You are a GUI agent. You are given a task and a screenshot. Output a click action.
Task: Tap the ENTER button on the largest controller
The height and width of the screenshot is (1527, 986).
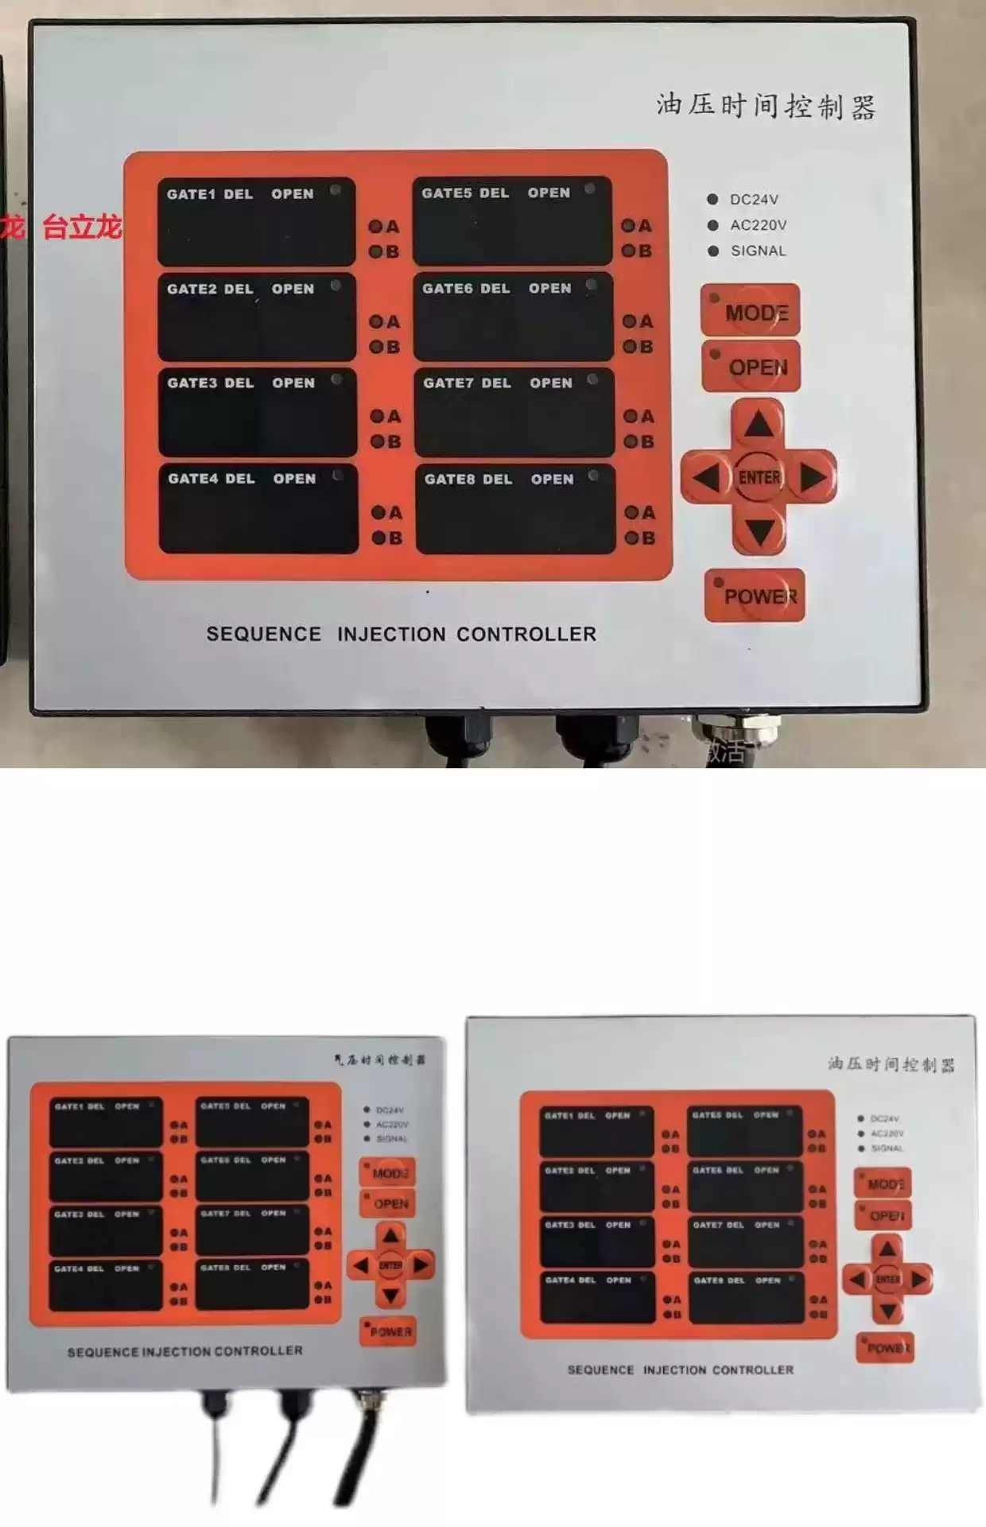coord(759,477)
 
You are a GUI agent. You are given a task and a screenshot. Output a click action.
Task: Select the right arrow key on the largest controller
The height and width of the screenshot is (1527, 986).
coord(813,477)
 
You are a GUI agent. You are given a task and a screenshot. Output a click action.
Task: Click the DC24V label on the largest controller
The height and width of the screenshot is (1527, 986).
coord(754,200)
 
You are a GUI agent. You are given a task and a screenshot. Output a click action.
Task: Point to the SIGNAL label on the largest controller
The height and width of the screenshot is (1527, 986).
coord(758,251)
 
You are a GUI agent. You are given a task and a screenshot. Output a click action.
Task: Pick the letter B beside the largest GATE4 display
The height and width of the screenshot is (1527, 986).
coord(394,538)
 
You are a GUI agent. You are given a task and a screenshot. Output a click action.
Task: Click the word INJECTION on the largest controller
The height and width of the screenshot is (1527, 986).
coord(391,635)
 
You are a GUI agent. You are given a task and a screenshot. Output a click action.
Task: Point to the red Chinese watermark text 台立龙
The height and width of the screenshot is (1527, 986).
coord(81,227)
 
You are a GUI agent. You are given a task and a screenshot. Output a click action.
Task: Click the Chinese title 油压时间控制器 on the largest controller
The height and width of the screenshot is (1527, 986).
coord(766,106)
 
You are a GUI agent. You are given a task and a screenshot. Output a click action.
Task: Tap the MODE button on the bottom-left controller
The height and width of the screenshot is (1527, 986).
coord(388,1173)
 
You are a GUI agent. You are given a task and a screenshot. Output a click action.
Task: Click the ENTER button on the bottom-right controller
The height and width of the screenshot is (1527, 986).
coord(887,1279)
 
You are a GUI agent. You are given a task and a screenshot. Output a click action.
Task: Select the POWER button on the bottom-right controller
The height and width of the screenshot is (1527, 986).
coord(885,1348)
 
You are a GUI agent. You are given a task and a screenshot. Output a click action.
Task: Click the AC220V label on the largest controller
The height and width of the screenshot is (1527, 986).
coord(758,226)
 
